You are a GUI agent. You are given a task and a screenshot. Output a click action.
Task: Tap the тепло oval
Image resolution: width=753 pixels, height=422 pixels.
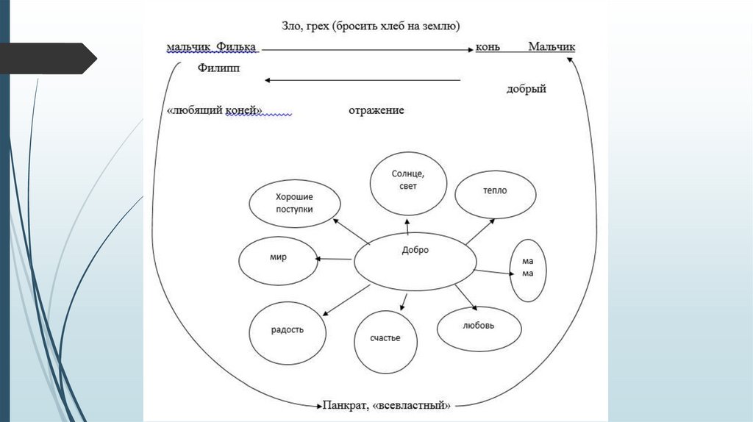[495, 191]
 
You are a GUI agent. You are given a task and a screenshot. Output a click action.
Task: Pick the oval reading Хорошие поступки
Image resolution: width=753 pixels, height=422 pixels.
[295, 204]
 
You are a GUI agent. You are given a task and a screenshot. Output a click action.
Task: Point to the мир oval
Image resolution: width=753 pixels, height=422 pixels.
[277, 259]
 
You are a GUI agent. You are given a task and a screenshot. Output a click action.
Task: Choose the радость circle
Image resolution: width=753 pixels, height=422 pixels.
[288, 330]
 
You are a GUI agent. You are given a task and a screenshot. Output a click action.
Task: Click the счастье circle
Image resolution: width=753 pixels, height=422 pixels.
[386, 338]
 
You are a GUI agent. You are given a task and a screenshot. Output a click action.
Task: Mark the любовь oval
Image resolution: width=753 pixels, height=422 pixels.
[479, 325]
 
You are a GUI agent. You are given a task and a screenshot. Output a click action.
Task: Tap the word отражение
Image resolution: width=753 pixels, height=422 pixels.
[376, 110]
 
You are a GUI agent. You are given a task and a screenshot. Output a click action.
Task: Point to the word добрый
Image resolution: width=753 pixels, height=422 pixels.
[526, 89]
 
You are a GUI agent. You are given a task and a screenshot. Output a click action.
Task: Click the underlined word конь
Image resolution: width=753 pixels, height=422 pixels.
[488, 47]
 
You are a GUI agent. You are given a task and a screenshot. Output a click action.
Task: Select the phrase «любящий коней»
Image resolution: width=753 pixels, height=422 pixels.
[215, 110]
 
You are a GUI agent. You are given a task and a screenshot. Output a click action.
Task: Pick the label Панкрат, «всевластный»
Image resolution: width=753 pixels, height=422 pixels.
[386, 404]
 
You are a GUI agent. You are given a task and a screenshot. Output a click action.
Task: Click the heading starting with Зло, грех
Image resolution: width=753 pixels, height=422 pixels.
[371, 26]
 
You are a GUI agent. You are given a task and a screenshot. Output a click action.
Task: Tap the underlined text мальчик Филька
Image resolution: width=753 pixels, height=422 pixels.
[212, 47]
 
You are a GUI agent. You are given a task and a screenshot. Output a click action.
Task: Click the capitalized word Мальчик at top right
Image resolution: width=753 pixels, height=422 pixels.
[552, 47]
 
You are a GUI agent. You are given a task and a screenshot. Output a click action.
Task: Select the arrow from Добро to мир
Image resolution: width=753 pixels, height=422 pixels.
[335, 258]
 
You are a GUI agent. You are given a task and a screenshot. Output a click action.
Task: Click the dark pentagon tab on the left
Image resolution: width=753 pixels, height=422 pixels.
[48, 58]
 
